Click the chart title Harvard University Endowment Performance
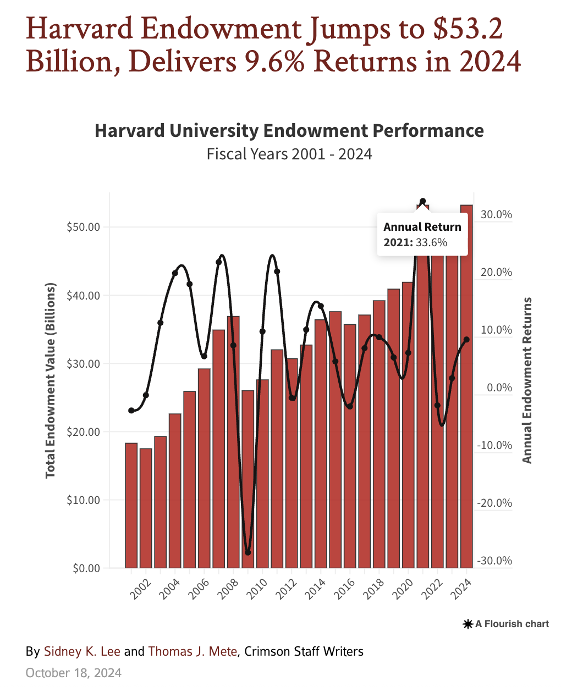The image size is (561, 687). tap(289, 131)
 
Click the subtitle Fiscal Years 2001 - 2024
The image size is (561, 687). tap(289, 154)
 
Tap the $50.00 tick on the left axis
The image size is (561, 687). tap(83, 227)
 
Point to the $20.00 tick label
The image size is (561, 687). tap(83, 431)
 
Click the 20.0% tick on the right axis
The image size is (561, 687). tap(496, 272)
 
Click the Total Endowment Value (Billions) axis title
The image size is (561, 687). tap(51, 380)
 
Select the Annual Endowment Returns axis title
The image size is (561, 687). tap(527, 380)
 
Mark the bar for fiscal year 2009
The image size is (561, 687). tap(248, 478)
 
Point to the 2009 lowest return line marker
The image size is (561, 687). tap(248, 552)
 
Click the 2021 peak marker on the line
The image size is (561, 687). tap(422, 202)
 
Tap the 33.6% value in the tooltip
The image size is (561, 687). tap(431, 242)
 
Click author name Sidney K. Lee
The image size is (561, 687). tap(82, 652)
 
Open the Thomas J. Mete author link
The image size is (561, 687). tap(193, 652)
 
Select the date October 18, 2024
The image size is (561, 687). tap(74, 673)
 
